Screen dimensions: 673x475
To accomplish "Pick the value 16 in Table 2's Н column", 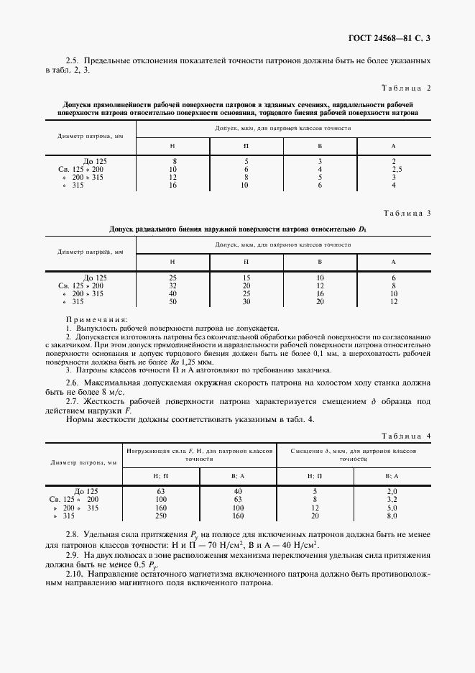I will pos(173,185).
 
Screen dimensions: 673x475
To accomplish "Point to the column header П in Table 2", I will pos(246,146).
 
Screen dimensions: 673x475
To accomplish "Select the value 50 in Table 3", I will pos(172,301).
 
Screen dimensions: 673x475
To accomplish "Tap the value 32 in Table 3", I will pos(172,285).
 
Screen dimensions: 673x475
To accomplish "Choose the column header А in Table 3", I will pos(394,262).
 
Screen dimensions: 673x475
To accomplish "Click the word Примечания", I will pos(96,319).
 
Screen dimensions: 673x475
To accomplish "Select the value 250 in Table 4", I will pos(160,516).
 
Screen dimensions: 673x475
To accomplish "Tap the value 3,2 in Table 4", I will pos(392,498).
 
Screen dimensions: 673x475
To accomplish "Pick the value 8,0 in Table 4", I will pos(392,516).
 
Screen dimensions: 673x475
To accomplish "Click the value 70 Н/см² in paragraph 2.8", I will pos(226,545).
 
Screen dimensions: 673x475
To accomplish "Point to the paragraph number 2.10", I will pos(74,573).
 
